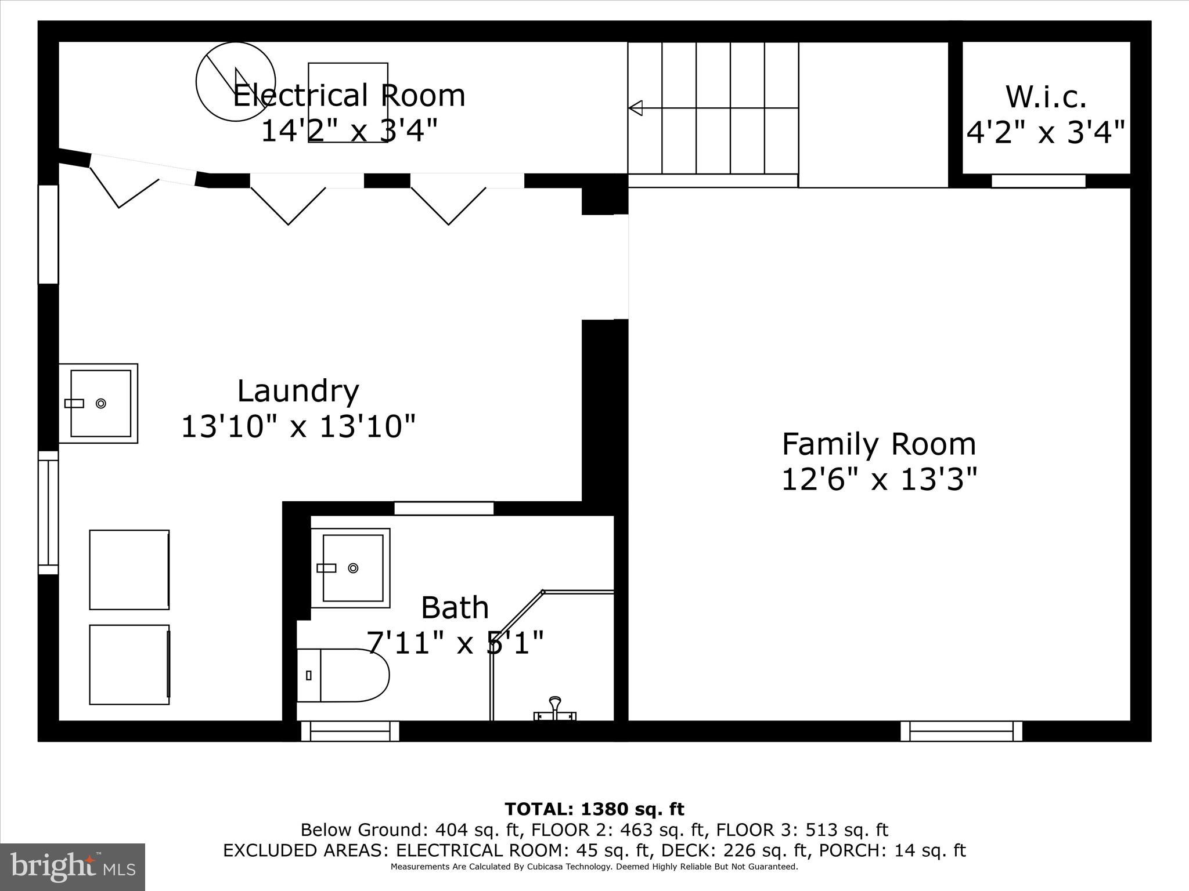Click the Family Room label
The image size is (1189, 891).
(x=878, y=444)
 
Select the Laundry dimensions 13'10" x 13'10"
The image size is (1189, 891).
(x=298, y=427)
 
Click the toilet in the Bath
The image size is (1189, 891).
(x=343, y=675)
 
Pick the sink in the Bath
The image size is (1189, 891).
(x=351, y=568)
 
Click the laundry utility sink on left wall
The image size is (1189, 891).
(x=99, y=403)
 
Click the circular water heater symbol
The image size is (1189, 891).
(x=235, y=82)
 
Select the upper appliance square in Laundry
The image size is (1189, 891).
(x=129, y=569)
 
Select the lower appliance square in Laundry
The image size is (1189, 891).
(x=129, y=665)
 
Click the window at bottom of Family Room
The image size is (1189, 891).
(x=961, y=731)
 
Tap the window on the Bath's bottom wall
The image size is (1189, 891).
(x=350, y=731)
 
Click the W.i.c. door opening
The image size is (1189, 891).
(x=1038, y=181)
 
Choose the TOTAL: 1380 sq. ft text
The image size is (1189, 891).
(x=594, y=809)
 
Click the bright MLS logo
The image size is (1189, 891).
(x=73, y=867)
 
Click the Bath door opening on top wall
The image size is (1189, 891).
(x=444, y=509)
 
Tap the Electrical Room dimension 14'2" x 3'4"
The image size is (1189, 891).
(x=348, y=131)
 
